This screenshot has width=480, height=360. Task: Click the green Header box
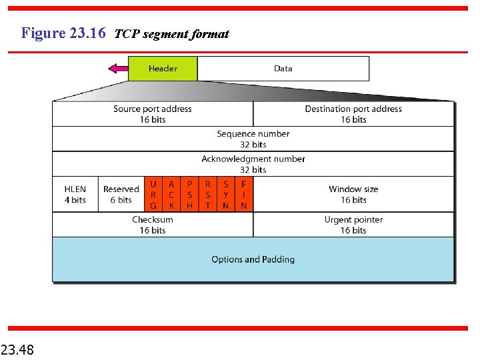tap(163, 69)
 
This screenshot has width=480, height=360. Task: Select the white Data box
tap(283, 69)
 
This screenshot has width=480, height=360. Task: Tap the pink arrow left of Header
tap(118, 68)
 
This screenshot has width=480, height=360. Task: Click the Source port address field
tap(153, 114)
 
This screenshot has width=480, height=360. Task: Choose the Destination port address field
tap(353, 114)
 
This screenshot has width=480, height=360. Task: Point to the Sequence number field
tap(253, 139)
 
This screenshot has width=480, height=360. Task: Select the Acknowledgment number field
tap(253, 164)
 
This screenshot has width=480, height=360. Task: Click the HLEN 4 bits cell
tap(75, 195)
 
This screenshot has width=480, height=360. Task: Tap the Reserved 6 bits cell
tap(121, 195)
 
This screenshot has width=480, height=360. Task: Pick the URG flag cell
tap(153, 195)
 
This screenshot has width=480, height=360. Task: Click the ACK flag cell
tap(171, 195)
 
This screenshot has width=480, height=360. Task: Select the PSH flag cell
tap(189, 195)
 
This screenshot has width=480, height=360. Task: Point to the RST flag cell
tap(207, 195)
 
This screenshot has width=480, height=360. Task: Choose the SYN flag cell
tap(225, 195)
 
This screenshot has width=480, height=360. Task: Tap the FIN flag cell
tap(244, 195)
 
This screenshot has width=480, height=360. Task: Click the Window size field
tap(353, 195)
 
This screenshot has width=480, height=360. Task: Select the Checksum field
tap(153, 225)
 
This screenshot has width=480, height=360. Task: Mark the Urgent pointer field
tap(353, 225)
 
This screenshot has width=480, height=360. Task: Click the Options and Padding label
tap(253, 259)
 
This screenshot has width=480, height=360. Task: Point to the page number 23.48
tap(18, 349)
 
